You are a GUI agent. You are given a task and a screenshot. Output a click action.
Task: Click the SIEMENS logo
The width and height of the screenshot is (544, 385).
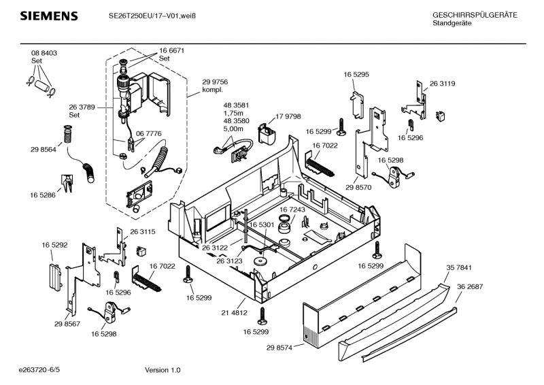(48, 16)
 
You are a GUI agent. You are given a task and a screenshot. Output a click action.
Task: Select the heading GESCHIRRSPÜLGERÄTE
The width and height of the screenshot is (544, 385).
(475, 15)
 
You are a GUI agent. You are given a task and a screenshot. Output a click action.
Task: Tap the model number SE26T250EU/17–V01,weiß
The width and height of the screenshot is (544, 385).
(154, 16)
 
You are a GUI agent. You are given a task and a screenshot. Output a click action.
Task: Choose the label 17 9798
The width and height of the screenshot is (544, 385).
(288, 116)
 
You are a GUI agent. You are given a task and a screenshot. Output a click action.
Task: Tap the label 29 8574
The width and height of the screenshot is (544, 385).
(279, 347)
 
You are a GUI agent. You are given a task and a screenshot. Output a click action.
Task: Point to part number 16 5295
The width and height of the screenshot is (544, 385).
(356, 74)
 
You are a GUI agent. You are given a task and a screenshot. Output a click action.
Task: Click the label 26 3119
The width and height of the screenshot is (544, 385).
(442, 84)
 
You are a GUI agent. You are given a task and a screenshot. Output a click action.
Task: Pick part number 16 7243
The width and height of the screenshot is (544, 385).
(292, 210)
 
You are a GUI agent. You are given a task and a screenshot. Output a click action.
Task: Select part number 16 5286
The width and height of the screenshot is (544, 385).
(42, 195)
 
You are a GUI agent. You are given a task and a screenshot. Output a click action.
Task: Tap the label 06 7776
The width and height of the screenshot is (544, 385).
(148, 133)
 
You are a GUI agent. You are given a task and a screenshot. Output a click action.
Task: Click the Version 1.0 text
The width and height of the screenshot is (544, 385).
(163, 370)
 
